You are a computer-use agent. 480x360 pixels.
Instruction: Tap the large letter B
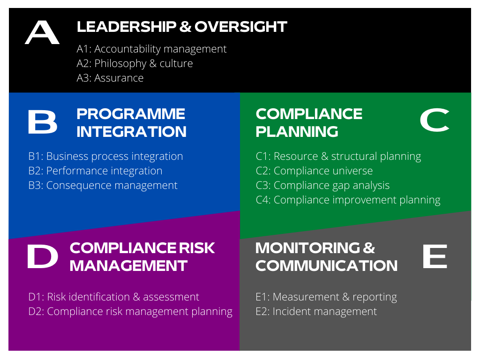pos(43,122)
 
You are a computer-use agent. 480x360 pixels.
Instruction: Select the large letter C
pos(435,120)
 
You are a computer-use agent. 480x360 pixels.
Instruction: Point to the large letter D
pos(43,256)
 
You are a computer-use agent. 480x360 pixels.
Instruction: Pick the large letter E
pos(435,256)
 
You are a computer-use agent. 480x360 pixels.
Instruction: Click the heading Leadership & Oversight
pos(182,27)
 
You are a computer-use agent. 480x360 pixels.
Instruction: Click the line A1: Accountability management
pos(151,49)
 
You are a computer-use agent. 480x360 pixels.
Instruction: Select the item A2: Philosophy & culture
pos(135,64)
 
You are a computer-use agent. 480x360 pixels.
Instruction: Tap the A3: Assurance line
pos(110,78)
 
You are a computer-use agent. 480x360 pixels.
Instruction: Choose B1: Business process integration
pos(105,157)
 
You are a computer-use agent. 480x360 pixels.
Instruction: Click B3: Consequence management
pos(103,186)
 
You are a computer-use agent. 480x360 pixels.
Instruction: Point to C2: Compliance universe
pos(314,171)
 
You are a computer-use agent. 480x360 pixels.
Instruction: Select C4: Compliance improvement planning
pos(348,200)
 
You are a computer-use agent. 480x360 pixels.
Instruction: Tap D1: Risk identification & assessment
pos(113,297)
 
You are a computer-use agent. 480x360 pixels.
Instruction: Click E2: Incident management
pos(316,312)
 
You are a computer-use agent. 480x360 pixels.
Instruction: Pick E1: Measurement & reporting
pos(326,297)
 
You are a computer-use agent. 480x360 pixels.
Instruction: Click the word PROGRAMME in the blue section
pos(131,114)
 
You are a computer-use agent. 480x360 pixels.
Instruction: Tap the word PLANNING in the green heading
pos(297,132)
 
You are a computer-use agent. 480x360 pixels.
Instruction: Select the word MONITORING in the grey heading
pos(308,248)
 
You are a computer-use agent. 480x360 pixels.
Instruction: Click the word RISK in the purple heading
pos(196,248)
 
